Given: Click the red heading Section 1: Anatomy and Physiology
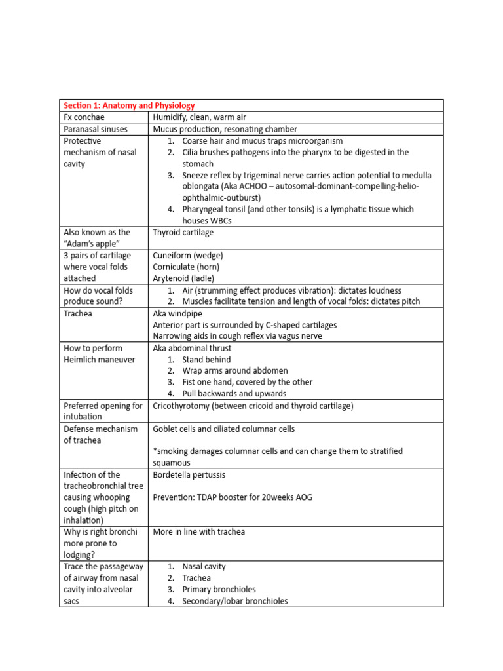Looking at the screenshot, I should pyautogui.click(x=129, y=105).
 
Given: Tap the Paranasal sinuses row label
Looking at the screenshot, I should pyautogui.click(x=95, y=129).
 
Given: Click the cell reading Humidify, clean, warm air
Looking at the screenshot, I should pyautogui.click(x=200, y=117).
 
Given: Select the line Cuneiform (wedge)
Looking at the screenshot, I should pyautogui.click(x=188, y=255).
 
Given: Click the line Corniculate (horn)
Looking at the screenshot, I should pyautogui.click(x=186, y=267).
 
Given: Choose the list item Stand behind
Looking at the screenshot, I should pyautogui.click(x=206, y=360).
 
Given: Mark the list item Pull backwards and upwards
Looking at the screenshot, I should pyautogui.click(x=234, y=394).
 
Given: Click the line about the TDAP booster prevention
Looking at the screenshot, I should pyautogui.click(x=233, y=497).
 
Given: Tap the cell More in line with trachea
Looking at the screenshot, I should pyautogui.click(x=198, y=531).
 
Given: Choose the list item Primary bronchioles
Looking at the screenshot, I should pyautogui.click(x=219, y=589).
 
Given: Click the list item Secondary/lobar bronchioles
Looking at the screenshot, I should pyautogui.click(x=234, y=600).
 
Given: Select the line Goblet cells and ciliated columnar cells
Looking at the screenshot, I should pyautogui.click(x=223, y=429).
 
